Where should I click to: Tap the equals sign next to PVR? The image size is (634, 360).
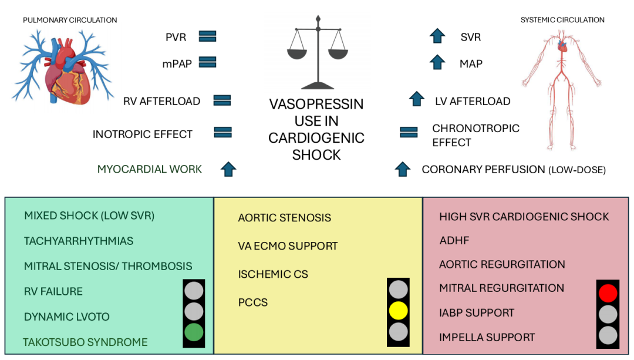pos(208,36)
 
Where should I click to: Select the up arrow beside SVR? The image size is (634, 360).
pos(437,36)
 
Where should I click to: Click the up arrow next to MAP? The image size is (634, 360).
pos(437,62)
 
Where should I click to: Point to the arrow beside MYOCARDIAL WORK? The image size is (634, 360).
pos(228,169)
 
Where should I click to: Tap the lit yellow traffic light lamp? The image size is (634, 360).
pos(398,309)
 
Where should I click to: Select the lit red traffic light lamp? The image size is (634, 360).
pos(608,292)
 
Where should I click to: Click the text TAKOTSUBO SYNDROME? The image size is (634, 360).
pos(85,342)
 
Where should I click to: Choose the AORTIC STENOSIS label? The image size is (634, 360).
pos(284,218)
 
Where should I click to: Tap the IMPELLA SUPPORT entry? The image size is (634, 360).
pos(487,337)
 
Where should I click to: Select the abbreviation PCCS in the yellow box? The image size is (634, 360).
pos(252,302)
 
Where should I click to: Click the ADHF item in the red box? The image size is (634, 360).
pos(454,240)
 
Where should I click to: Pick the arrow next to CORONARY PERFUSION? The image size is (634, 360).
pos(402,169)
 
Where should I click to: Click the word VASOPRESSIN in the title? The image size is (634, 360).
pos(316,104)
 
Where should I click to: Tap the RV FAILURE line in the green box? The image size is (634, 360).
pos(53,291)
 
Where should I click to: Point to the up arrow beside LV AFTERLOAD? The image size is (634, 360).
pos(416,99)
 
